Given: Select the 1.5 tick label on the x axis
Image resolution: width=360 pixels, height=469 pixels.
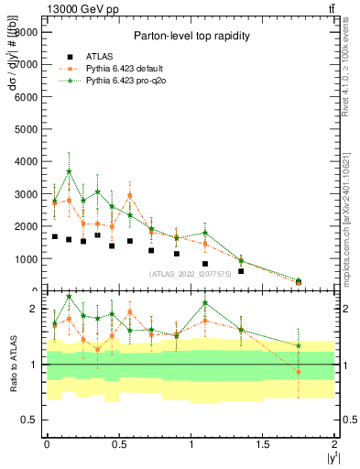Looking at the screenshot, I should (263, 444).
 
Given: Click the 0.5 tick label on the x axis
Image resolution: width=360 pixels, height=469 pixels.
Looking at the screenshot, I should (118, 444).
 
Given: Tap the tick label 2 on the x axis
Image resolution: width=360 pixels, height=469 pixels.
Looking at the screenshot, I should (334, 444).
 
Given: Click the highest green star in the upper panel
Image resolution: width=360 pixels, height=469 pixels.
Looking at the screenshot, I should (69, 171).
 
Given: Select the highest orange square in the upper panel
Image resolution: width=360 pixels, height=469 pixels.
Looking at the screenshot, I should (130, 195).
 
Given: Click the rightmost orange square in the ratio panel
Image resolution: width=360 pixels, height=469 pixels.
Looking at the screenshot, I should (299, 371).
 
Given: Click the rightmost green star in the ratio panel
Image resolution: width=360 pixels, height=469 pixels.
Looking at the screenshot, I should (299, 346).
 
